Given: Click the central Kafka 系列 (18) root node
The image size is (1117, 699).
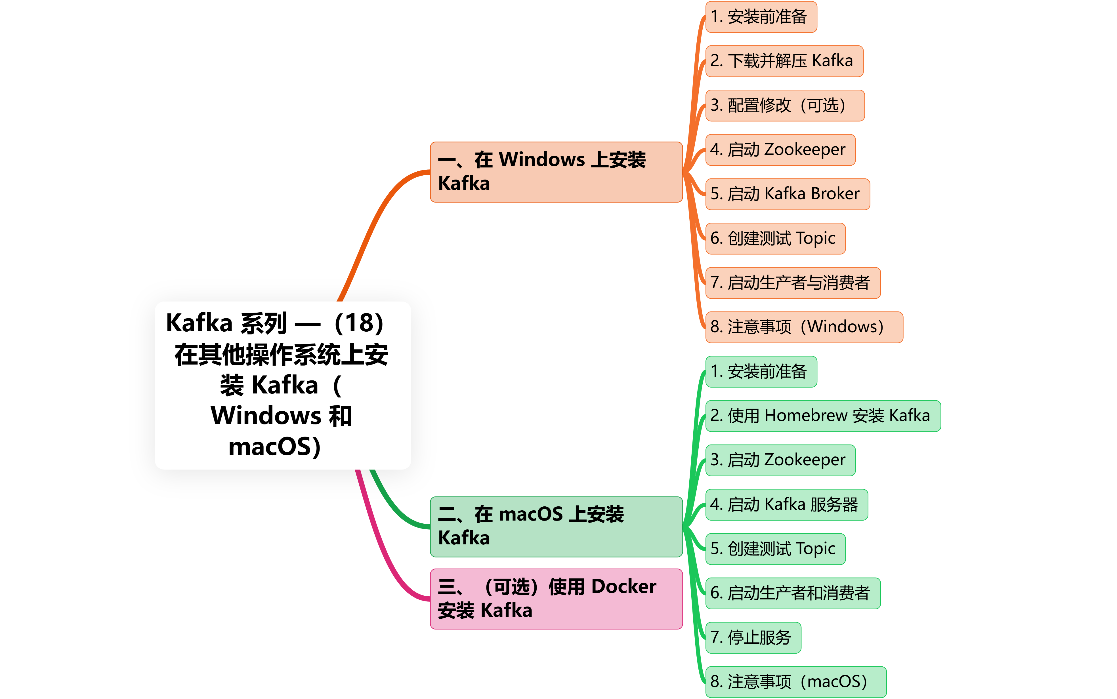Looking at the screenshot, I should point(282,385).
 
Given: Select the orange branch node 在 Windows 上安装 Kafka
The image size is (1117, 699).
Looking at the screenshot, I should point(556,172).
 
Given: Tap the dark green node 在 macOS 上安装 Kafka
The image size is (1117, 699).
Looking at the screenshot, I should point(556,526).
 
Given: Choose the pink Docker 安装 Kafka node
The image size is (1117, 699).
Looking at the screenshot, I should point(556,598).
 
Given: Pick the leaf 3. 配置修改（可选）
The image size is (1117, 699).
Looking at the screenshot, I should point(785,106).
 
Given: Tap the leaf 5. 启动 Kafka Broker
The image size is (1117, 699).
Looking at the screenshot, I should point(787,194).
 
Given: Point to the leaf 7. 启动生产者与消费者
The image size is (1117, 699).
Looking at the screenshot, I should point(792,283).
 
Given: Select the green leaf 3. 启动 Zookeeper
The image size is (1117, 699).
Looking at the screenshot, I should point(780,460).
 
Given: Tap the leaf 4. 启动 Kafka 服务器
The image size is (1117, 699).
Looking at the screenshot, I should point(786,504).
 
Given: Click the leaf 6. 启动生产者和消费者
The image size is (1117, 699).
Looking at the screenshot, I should point(792,593).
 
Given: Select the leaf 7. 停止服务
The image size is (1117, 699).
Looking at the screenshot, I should point(753,637).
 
